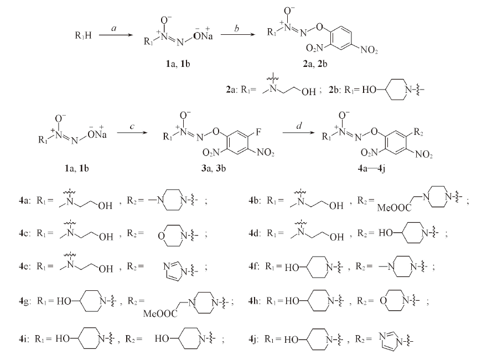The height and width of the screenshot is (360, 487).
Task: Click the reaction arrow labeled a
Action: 116,35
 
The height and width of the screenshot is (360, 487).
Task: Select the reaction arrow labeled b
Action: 237,35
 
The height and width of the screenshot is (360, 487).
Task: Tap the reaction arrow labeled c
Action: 132,133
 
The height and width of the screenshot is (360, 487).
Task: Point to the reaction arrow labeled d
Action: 298,133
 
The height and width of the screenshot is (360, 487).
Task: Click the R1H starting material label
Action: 83,35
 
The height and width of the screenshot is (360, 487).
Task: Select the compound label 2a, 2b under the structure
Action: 315,64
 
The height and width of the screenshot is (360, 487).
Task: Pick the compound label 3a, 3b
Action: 214,168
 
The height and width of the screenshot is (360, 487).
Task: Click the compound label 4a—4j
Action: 371,168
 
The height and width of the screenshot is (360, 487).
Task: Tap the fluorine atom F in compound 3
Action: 258,132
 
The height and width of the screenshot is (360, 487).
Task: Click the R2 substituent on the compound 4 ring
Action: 418,133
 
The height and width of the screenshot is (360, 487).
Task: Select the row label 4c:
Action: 24,233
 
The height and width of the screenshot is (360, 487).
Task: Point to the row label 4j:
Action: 255,339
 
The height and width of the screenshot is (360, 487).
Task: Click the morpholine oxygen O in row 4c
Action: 161,236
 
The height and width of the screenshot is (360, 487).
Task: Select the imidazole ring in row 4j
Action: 389,341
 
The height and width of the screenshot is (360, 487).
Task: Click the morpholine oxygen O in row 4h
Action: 384,300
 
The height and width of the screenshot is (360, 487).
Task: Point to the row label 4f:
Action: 254,267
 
